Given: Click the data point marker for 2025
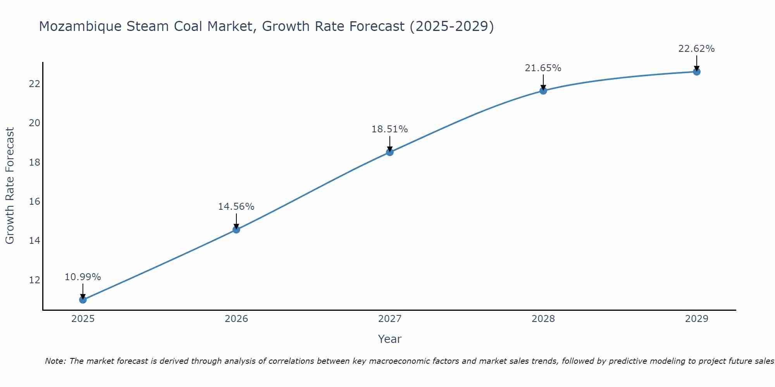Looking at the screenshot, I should pyautogui.click(x=83, y=300).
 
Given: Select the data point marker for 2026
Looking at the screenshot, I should pyautogui.click(x=236, y=229).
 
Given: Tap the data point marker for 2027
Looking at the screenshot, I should pyautogui.click(x=389, y=152).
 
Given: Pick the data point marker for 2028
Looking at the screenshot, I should pyautogui.click(x=543, y=91).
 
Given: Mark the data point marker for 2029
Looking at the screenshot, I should pyautogui.click(x=696, y=72).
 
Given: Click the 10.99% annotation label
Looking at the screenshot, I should pyautogui.click(x=83, y=277).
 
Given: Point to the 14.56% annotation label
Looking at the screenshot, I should pyautogui.click(x=236, y=207).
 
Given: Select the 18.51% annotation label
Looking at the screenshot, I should pyautogui.click(x=389, y=129).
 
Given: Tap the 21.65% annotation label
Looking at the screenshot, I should pyautogui.click(x=543, y=68).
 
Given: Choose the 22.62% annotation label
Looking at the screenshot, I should pyautogui.click(x=696, y=49).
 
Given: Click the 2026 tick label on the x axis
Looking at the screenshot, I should pyautogui.click(x=236, y=319).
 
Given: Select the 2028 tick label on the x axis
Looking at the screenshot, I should pyautogui.click(x=543, y=319).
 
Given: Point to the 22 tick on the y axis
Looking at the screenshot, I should pyautogui.click(x=34, y=84).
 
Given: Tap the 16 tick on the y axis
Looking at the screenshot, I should pyautogui.click(x=34, y=201).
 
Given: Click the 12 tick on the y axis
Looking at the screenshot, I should pyautogui.click(x=34, y=280).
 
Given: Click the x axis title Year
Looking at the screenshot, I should pyautogui.click(x=389, y=339).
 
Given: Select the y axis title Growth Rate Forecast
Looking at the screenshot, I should pyautogui.click(x=10, y=186).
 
